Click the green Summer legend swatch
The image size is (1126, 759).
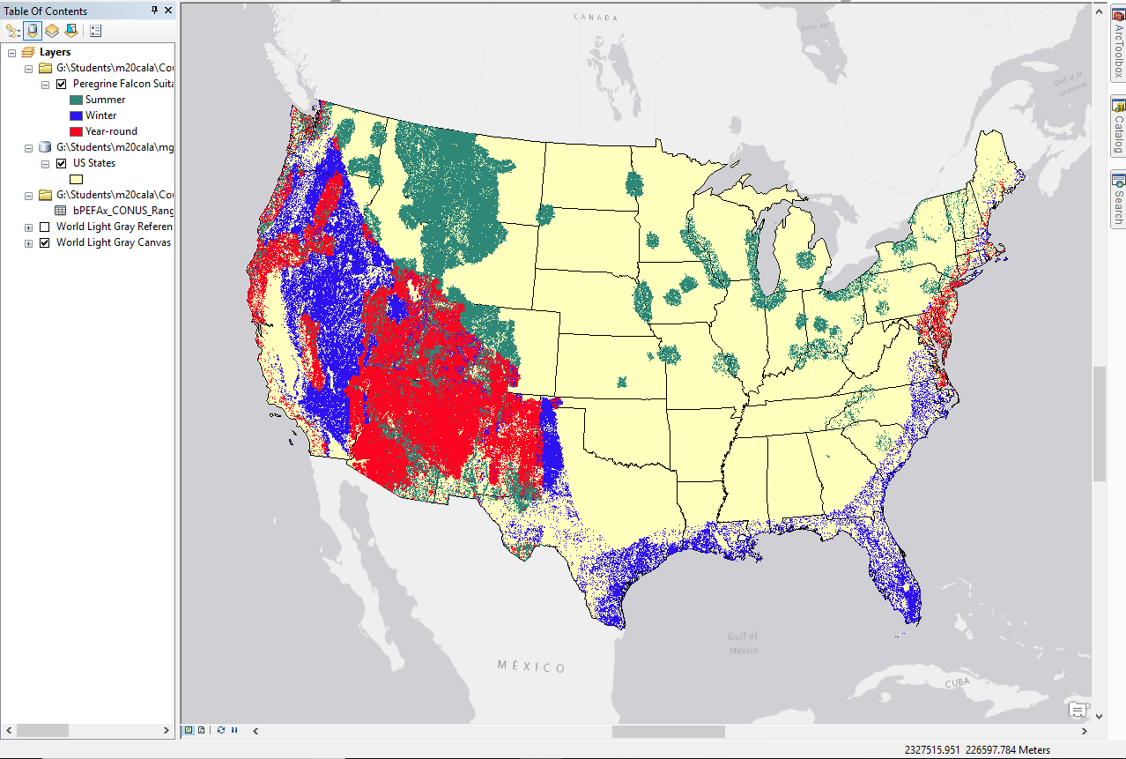76,100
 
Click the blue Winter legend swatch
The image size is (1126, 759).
76,115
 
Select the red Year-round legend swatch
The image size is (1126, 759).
76,131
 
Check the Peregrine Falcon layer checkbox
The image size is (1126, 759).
61,85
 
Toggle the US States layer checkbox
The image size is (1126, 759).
61,163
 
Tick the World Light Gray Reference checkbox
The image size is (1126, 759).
45,227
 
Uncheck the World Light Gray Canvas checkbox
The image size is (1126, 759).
45,242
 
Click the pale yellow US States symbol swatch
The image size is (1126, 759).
76,179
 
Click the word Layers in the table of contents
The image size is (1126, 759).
55,52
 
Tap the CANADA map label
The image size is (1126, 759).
596,18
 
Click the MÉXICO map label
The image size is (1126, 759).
531,667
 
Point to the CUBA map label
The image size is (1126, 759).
957,684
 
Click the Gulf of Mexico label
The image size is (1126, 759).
743,643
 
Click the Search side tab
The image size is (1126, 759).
1117,198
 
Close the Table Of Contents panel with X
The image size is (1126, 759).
167,11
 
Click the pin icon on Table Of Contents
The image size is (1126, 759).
154,11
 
